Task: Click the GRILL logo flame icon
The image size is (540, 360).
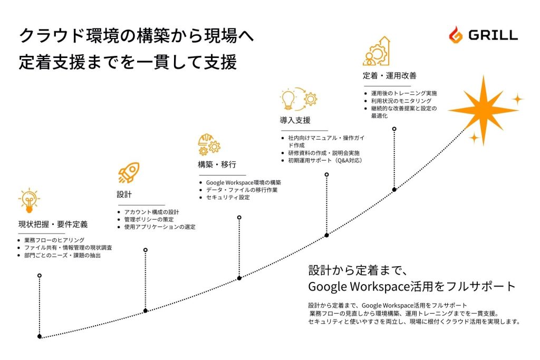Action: (x=455, y=35)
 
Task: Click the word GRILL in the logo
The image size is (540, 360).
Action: (x=493, y=35)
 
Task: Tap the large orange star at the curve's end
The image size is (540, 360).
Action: (x=483, y=109)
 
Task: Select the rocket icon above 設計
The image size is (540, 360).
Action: (x=129, y=173)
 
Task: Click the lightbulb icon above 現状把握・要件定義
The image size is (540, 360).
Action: (x=30, y=200)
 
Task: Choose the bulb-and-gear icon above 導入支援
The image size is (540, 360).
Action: (x=299, y=100)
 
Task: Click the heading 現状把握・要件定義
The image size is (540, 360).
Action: (x=53, y=225)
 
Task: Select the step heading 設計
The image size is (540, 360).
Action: (x=124, y=195)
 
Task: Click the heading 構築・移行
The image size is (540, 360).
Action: (x=217, y=165)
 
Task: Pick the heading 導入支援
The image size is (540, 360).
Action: (x=295, y=120)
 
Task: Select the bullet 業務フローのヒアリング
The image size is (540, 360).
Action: (x=55, y=240)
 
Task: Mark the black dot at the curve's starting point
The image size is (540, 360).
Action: (x=40, y=336)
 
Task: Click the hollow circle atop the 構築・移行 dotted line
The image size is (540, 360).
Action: (x=239, y=217)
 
